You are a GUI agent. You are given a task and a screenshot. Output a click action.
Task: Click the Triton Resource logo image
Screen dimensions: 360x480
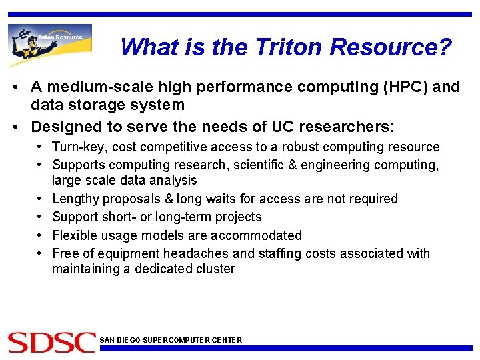click(50, 45)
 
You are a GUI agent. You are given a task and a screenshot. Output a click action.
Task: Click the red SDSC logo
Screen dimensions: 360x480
click(51, 342)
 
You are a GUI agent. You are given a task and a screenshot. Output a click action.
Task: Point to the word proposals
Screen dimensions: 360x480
click(131, 199)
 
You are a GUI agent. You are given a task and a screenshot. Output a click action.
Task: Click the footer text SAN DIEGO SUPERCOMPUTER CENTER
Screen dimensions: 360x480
click(171, 340)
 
